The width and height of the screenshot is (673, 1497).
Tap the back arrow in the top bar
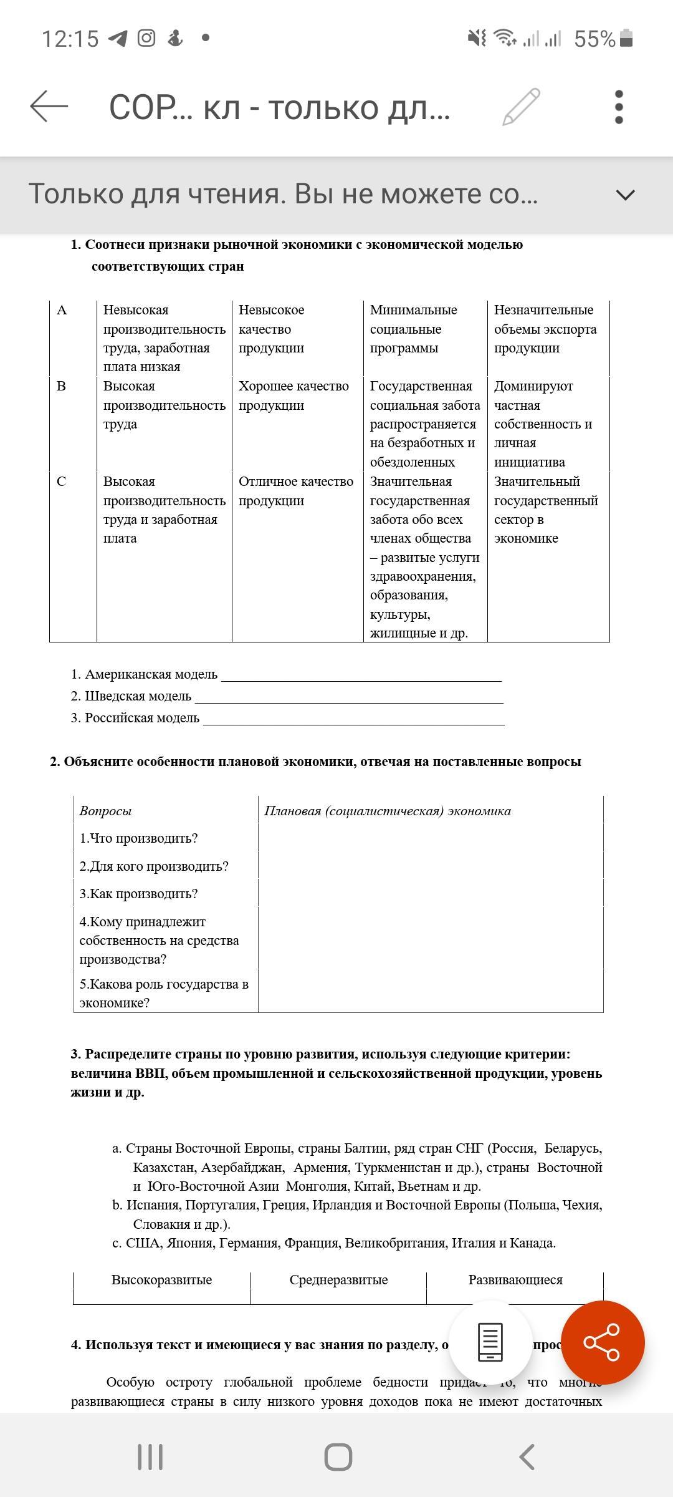pyautogui.click(x=49, y=106)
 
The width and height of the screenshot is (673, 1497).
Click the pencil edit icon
pyautogui.click(x=521, y=107)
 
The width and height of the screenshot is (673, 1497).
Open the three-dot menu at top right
pyautogui.click(x=618, y=107)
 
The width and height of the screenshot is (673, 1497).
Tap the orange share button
pyautogui.click(x=602, y=1342)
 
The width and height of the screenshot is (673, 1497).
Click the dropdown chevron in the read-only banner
pyautogui.click(x=625, y=195)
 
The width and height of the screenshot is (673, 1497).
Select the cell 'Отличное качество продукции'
pyautogui.click(x=295, y=491)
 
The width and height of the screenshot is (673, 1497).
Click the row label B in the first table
pyautogui.click(x=61, y=386)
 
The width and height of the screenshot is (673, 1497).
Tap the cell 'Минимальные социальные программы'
pyautogui.click(x=413, y=329)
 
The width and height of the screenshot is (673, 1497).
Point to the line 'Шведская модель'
pyautogui.click(x=131, y=696)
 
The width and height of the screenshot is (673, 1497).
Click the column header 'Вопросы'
pyautogui.click(x=105, y=811)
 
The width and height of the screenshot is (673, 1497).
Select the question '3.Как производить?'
pyautogui.click(x=138, y=894)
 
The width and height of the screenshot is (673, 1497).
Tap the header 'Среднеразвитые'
pyautogui.click(x=338, y=1280)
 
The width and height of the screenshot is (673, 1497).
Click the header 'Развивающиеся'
pyautogui.click(x=515, y=1280)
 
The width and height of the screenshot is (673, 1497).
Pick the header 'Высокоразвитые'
pyautogui.click(x=161, y=1280)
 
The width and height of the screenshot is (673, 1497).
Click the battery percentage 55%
pyautogui.click(x=594, y=39)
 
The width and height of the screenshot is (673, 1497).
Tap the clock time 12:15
pyautogui.click(x=70, y=39)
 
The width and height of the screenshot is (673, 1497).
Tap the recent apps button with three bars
pyautogui.click(x=150, y=1457)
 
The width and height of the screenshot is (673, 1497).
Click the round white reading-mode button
pyautogui.click(x=490, y=1342)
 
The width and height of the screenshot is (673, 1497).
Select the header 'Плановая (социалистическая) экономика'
pyautogui.click(x=387, y=811)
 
